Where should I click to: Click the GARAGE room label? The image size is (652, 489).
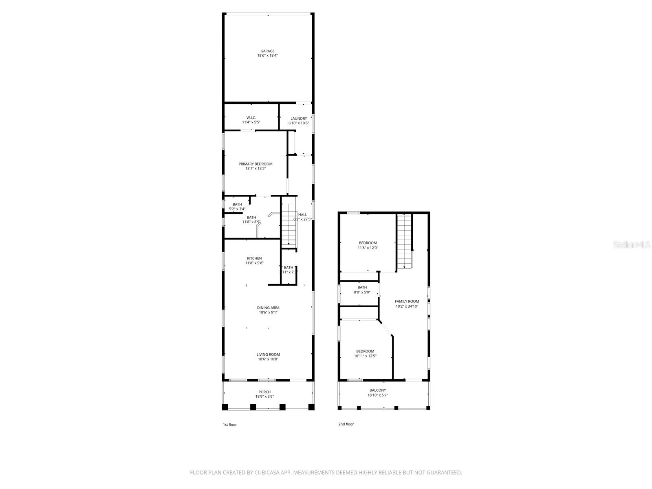pyautogui.click(x=268, y=51)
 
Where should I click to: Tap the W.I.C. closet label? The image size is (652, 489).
pyautogui.click(x=251, y=117)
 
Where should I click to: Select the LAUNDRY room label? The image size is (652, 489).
pyautogui.click(x=299, y=119)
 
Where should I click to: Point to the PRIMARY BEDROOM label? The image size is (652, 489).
pyautogui.click(x=256, y=164)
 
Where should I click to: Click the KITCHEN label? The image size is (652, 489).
pyautogui.click(x=254, y=258)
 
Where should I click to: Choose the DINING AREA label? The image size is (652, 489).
pyautogui.click(x=268, y=308)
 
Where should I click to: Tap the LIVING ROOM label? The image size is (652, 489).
pyautogui.click(x=268, y=355)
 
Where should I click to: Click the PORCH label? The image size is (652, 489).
pyautogui.click(x=265, y=392)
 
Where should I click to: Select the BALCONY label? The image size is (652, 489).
pyautogui.click(x=378, y=390)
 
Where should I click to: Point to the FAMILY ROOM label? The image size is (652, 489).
pyautogui.click(x=407, y=302)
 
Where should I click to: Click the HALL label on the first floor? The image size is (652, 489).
pyautogui.click(x=303, y=215)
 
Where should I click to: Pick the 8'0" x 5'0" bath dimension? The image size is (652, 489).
pyautogui.click(x=362, y=292)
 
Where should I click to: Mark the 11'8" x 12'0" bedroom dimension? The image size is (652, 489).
pyautogui.click(x=368, y=247)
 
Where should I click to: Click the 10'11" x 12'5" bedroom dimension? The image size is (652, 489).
pyautogui.click(x=365, y=356)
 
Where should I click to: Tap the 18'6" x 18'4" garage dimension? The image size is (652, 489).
pyautogui.click(x=268, y=55)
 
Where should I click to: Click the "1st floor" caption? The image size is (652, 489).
pyautogui.click(x=229, y=425)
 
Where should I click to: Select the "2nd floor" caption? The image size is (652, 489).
pyautogui.click(x=346, y=424)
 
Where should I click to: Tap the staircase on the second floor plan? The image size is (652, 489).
pyautogui.click(x=405, y=240)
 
